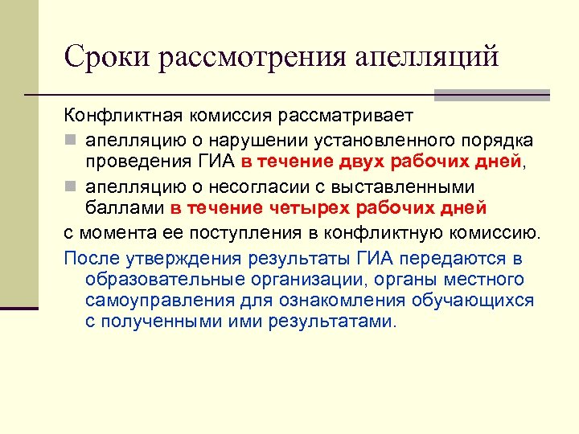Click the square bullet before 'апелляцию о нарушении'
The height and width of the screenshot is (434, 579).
click(70, 141)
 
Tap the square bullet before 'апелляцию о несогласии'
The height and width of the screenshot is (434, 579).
click(70, 187)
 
